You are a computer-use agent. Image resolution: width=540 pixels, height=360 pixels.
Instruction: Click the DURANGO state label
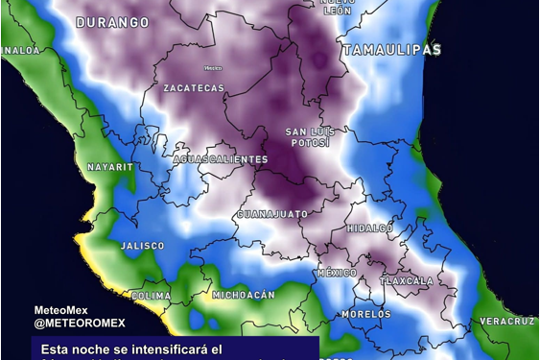(x=112, y=21)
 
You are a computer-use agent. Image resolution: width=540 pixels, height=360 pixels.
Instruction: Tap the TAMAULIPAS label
(x=391, y=49)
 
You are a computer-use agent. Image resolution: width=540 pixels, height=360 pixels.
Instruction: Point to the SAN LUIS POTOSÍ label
(x=308, y=136)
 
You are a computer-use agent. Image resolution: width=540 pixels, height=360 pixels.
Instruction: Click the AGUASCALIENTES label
(x=221, y=158)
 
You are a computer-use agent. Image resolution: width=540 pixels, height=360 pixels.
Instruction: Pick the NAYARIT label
(x=110, y=167)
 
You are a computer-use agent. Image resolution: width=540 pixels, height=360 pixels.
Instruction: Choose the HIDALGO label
(x=370, y=228)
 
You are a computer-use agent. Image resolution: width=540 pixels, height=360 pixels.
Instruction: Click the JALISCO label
(x=143, y=247)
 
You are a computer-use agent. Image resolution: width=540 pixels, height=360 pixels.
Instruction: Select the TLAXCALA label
(x=407, y=281)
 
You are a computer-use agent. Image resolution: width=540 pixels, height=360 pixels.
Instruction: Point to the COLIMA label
(x=152, y=296)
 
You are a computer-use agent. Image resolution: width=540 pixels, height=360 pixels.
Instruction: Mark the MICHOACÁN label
(x=244, y=295)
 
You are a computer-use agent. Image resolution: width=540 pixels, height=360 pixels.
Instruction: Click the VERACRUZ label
(x=506, y=321)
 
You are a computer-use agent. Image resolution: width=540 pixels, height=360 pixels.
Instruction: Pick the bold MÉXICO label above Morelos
(x=337, y=274)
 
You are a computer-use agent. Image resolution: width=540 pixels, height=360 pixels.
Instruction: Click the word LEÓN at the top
(x=338, y=11)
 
